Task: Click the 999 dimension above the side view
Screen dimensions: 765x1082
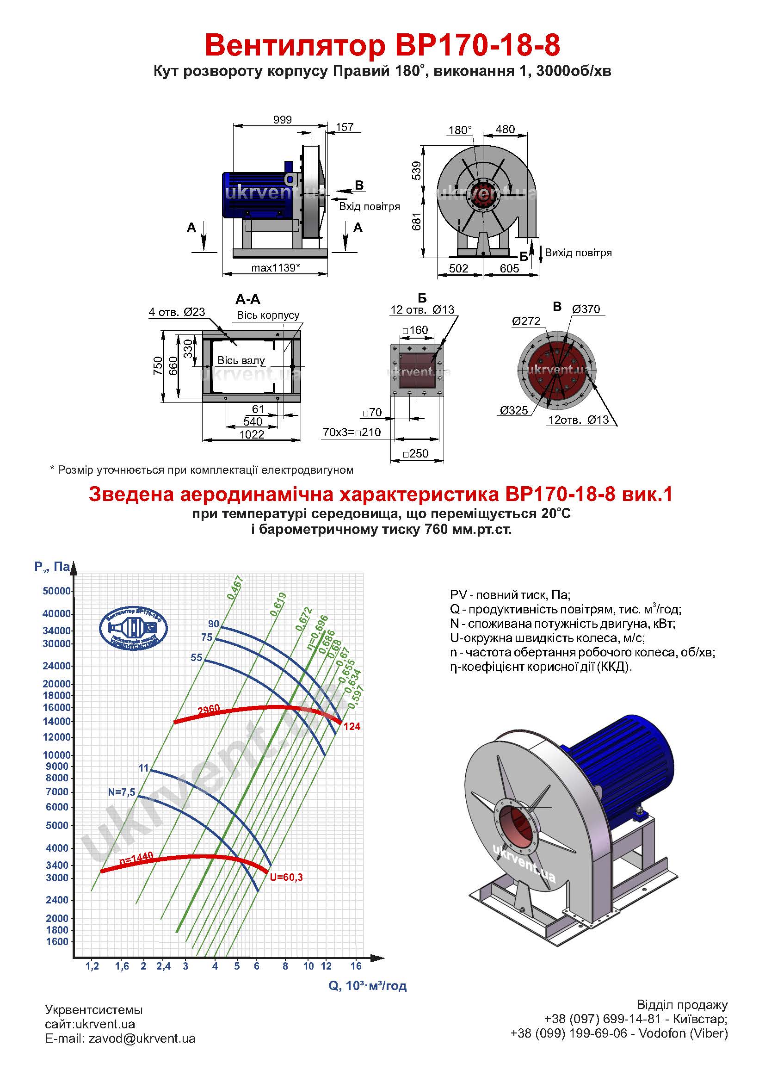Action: pyautogui.click(x=283, y=120)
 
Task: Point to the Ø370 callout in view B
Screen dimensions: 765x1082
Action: pyautogui.click(x=586, y=309)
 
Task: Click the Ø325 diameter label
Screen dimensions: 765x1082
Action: pyautogui.click(x=514, y=410)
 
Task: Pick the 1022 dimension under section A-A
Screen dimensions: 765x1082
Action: pyautogui.click(x=252, y=434)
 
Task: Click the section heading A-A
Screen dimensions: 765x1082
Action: pyautogui.click(x=248, y=299)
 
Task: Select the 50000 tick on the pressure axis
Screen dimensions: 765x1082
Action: pyautogui.click(x=56, y=591)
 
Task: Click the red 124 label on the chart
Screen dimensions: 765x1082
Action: pyautogui.click(x=352, y=727)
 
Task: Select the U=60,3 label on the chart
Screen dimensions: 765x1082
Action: pyautogui.click(x=286, y=878)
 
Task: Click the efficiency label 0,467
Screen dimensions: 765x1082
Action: pyautogui.click(x=234, y=587)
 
